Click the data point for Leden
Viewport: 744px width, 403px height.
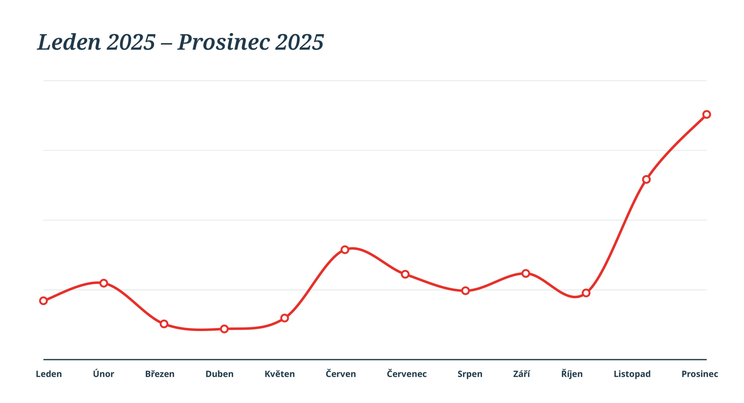43,301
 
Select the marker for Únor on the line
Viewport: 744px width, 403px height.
104,283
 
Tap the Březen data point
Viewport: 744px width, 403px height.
164,324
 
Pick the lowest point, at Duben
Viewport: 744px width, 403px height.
224,329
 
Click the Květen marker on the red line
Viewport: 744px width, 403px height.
285,318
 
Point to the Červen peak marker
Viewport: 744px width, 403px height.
345,250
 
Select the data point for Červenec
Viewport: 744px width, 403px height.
405,274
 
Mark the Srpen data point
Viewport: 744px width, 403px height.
465,291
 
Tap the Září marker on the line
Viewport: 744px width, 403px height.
526,273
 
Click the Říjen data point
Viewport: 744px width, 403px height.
586,293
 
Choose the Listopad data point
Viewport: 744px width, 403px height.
646,179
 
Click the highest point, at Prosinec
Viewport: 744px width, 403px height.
707,114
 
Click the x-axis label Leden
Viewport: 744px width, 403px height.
49,374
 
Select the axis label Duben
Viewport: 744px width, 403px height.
219,374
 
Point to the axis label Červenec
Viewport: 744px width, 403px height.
407,374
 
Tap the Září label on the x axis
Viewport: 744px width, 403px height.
521,374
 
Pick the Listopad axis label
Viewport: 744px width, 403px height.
632,374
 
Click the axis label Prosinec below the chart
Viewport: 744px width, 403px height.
700,374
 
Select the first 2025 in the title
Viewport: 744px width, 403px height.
131,42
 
